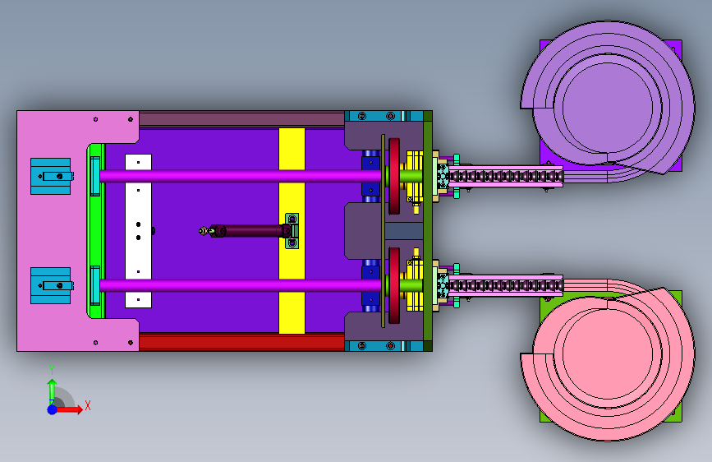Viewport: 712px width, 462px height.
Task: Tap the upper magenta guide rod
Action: (x=241, y=176)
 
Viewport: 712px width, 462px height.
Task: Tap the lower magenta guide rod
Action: (x=241, y=285)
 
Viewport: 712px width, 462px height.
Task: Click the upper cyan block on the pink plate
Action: (x=51, y=176)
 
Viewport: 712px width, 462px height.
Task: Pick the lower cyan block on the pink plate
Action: (x=51, y=285)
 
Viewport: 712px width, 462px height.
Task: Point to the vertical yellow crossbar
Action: (x=292, y=231)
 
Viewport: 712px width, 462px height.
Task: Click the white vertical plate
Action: (x=138, y=231)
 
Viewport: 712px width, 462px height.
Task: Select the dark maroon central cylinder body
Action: (x=252, y=230)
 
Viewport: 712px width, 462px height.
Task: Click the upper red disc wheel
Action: (x=394, y=176)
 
